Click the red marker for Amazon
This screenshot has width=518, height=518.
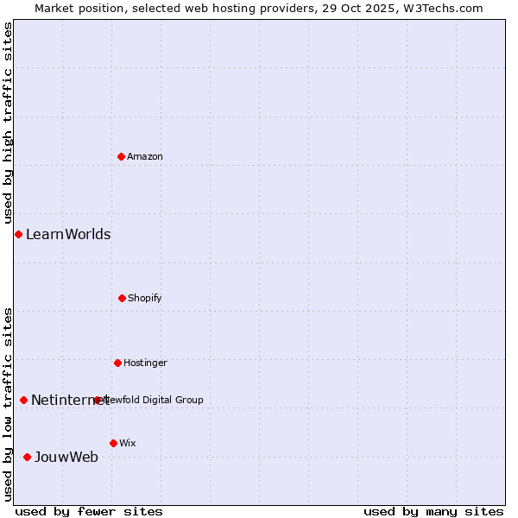pyautogui.click(x=121, y=156)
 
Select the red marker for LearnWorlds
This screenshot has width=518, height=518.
pyautogui.click(x=18, y=234)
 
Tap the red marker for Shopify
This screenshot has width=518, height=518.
pyautogui.click(x=122, y=298)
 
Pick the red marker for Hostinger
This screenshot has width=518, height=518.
pyautogui.click(x=117, y=363)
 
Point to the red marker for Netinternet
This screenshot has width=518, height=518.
pyautogui.click(x=23, y=400)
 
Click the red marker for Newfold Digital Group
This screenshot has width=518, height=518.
pyautogui.click(x=98, y=400)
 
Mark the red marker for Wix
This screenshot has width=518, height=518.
pyautogui.click(x=113, y=443)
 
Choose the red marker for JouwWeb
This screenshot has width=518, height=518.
pyautogui.click(x=27, y=457)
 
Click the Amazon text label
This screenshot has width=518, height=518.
pyautogui.click(x=145, y=156)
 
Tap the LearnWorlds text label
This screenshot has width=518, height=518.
pyautogui.click(x=68, y=234)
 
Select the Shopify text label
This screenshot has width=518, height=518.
pyautogui.click(x=145, y=298)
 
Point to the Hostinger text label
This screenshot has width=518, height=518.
pyautogui.click(x=145, y=363)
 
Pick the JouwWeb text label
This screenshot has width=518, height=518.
pyautogui.click(x=66, y=457)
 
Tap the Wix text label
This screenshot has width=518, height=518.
pyautogui.click(x=128, y=443)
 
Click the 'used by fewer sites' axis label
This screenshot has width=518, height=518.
pyautogui.click(x=89, y=511)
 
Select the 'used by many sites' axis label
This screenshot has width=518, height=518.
pyautogui.click(x=433, y=511)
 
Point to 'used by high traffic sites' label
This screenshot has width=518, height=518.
pyautogui.click(x=8, y=122)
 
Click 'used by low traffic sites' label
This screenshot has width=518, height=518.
pyautogui.click(x=8, y=403)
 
